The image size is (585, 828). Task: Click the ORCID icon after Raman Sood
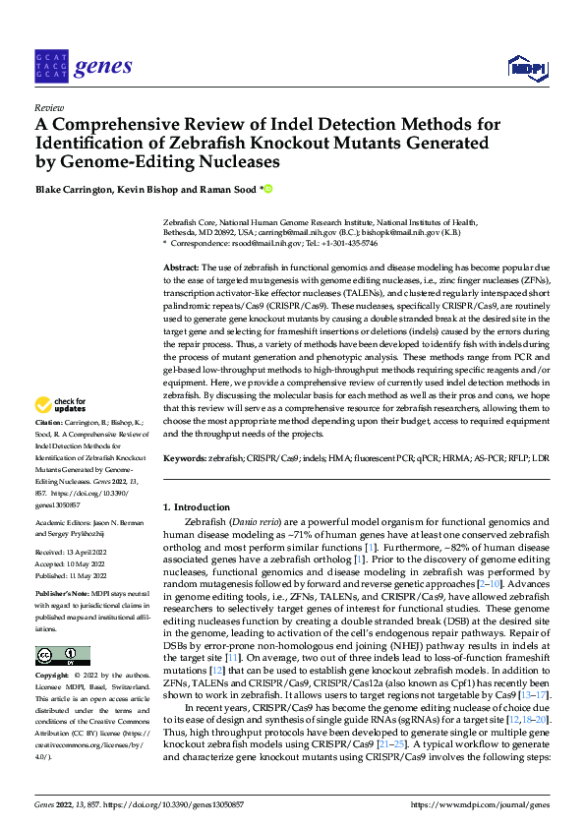coord(266,189)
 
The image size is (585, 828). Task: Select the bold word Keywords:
coord(185,458)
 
